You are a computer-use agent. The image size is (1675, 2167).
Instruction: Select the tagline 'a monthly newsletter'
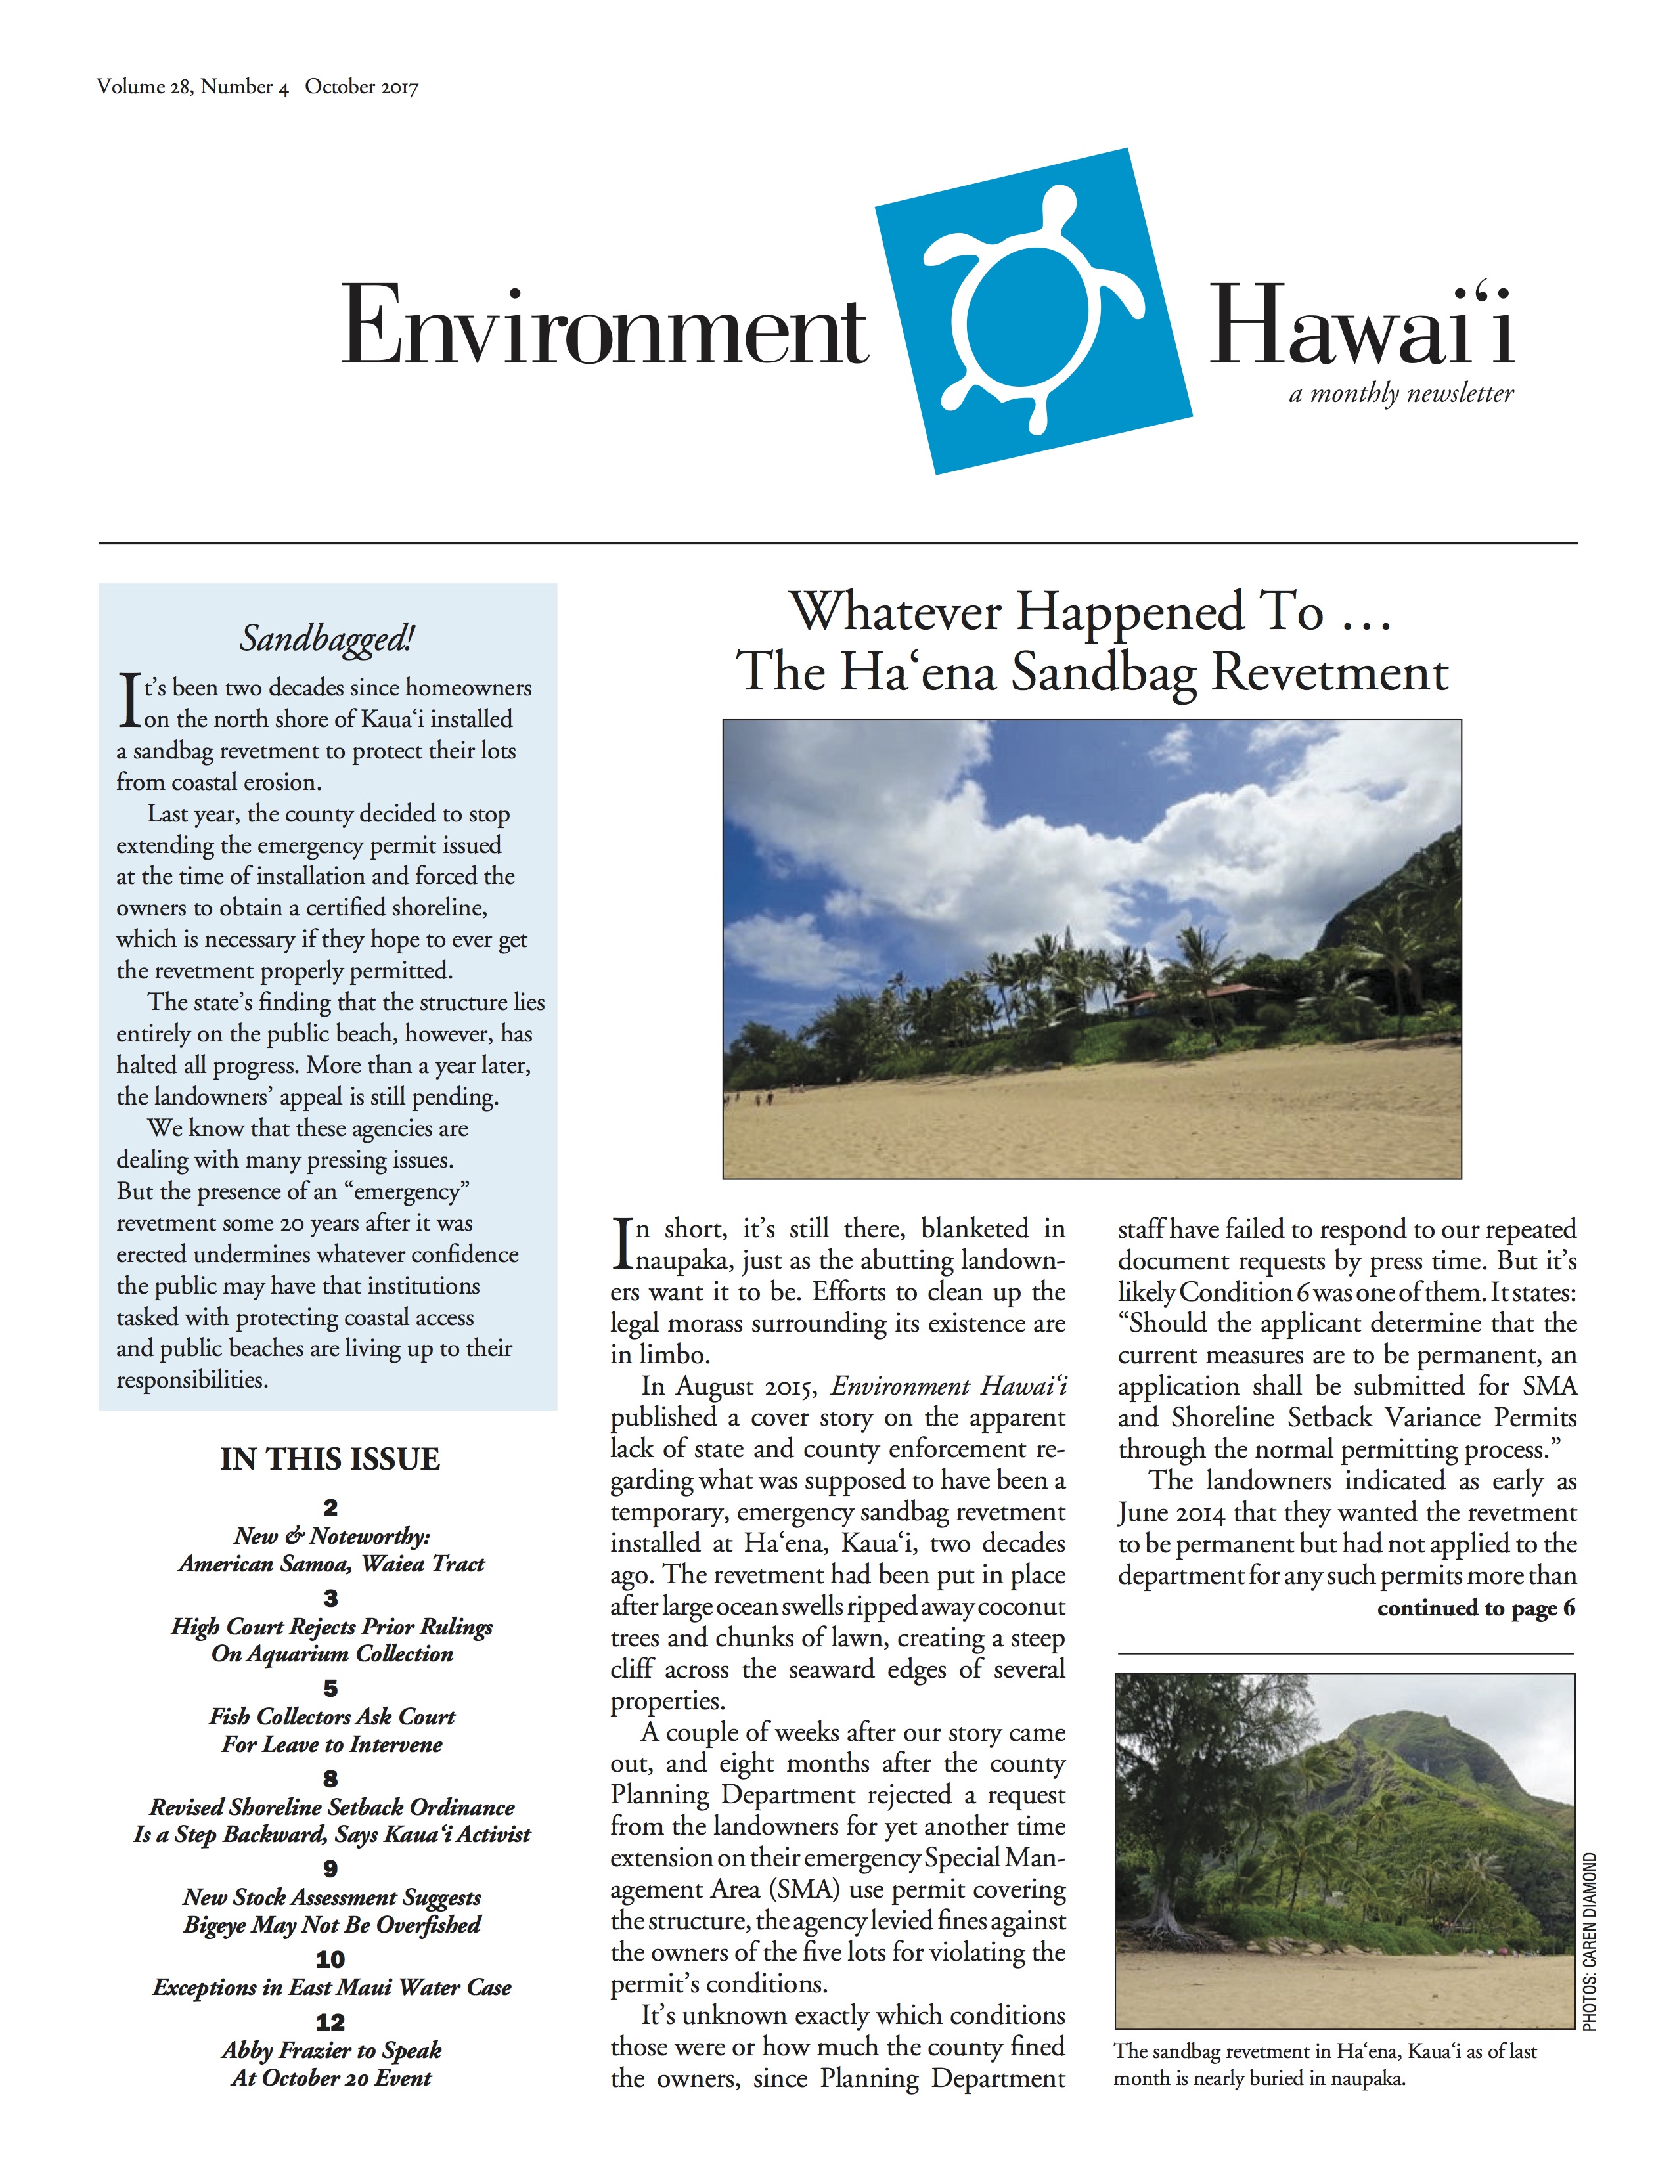pyautogui.click(x=1401, y=394)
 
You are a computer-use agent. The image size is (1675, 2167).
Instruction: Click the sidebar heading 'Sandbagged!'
pyautogui.click(x=326, y=639)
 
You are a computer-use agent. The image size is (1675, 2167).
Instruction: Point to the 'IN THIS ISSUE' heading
pyautogui.click(x=330, y=1458)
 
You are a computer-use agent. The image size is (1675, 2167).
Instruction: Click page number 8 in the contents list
pyautogui.click(x=330, y=1779)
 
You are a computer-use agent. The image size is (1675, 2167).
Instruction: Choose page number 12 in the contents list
pyautogui.click(x=330, y=2022)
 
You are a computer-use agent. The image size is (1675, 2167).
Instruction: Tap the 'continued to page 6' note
pyautogui.click(x=1475, y=1608)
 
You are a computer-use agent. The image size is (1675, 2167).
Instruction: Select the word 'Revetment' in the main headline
pyautogui.click(x=1329, y=672)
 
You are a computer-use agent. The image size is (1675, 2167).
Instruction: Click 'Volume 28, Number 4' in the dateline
pyautogui.click(x=192, y=87)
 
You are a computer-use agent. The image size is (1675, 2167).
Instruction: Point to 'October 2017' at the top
pyautogui.click(x=361, y=87)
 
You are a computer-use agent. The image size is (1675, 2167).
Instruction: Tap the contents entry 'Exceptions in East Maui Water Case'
pyautogui.click(x=332, y=1988)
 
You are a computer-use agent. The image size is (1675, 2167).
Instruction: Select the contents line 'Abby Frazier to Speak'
pyautogui.click(x=332, y=2050)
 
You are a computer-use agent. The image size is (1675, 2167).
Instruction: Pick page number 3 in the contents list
pyautogui.click(x=330, y=1598)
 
